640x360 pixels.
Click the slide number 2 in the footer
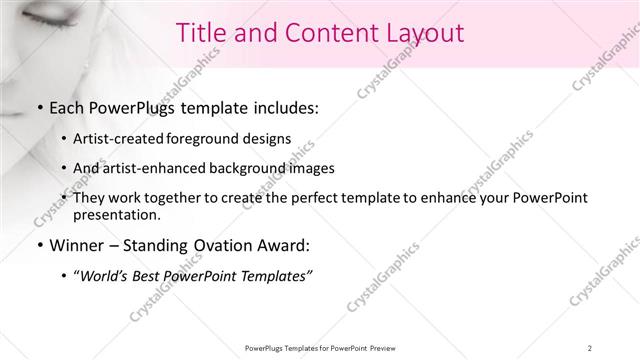tap(590, 348)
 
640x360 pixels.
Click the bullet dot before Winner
tap(38, 246)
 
